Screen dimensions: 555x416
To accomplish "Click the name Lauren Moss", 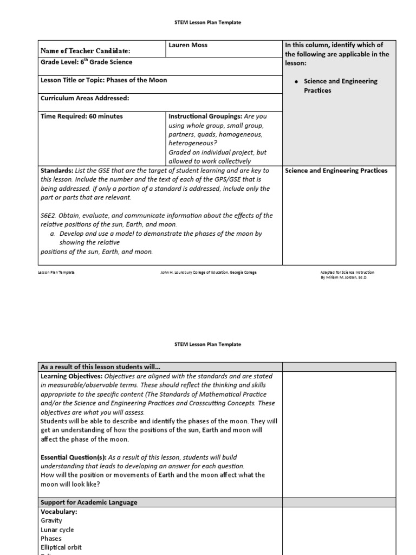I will click(x=188, y=45).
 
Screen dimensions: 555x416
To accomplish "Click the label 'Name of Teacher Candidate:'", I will click(x=86, y=51).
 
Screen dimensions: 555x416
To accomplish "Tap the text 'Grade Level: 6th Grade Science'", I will click(x=86, y=62).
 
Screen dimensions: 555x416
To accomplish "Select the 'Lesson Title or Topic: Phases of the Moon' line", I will click(x=104, y=80).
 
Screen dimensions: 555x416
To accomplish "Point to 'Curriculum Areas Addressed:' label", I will click(x=84, y=98).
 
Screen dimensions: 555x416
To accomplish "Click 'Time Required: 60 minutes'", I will click(x=82, y=116).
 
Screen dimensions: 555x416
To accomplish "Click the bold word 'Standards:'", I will click(x=57, y=171).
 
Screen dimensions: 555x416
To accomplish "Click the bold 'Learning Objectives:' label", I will click(x=71, y=376).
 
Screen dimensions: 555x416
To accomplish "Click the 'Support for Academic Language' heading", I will click(x=89, y=502).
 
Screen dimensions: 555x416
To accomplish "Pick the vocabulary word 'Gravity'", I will click(x=51, y=520).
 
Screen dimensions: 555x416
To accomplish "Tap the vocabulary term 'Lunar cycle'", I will click(x=57, y=530).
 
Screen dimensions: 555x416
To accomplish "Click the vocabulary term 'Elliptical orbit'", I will click(x=61, y=547).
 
